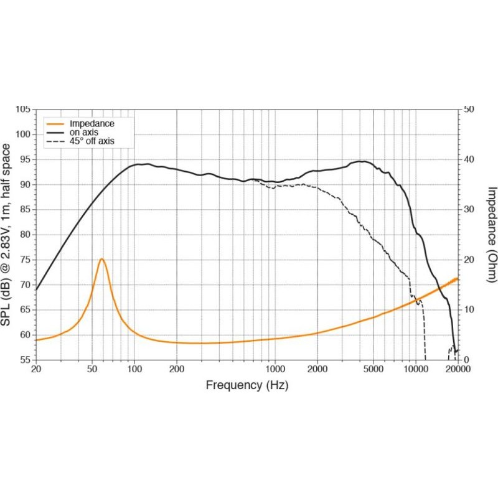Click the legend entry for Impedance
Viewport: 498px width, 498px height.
point(92,124)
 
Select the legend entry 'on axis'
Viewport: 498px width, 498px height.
point(83,133)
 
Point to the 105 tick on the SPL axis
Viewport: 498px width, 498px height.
point(22,110)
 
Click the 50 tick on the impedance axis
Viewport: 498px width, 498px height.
point(470,110)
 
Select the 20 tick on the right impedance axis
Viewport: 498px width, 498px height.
point(470,260)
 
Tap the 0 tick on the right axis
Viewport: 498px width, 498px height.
point(467,360)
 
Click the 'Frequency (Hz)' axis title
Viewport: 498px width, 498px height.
point(247,386)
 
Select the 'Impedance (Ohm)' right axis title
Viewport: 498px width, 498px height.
point(491,234)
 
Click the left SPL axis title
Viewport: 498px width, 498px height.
point(7,234)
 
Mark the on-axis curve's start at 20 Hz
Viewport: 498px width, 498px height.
point(36,289)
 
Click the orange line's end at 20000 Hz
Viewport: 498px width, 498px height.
point(458,278)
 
